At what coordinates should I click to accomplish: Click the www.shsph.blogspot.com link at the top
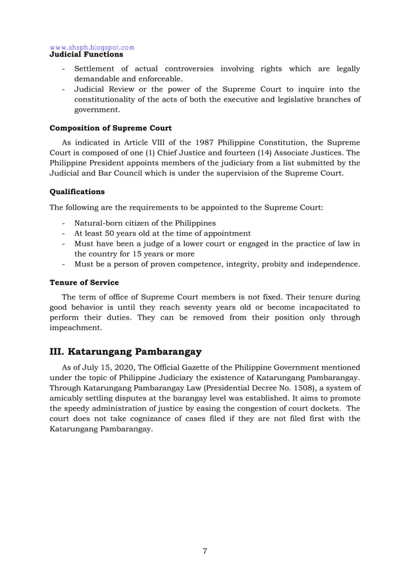[x=92, y=47]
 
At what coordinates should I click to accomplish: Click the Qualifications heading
[x=77, y=191]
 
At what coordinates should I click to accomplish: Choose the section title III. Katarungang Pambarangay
[x=126, y=352]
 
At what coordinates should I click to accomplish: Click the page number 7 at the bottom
[x=204, y=550]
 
